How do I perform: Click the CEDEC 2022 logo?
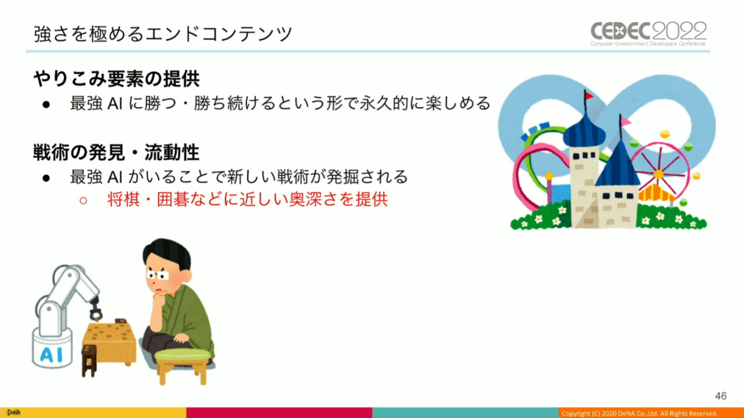click(x=649, y=34)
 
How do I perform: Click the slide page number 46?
click(x=721, y=396)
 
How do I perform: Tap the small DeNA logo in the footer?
click(x=13, y=413)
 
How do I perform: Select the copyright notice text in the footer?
click(x=640, y=413)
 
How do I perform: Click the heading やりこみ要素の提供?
click(x=116, y=79)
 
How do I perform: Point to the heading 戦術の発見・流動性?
click(x=116, y=152)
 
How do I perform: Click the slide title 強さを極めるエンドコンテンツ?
click(x=163, y=34)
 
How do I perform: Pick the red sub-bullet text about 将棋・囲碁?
click(x=247, y=200)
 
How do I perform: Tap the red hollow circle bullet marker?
click(x=83, y=200)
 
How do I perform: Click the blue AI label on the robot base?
click(x=52, y=355)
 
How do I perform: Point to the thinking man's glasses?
click(x=158, y=275)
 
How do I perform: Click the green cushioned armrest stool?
click(x=182, y=365)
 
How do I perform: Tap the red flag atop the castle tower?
click(x=588, y=96)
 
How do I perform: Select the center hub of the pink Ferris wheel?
click(x=659, y=174)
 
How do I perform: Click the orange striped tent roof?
click(x=656, y=192)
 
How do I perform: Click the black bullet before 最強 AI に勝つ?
click(x=46, y=104)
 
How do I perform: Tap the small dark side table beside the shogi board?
click(x=89, y=360)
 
